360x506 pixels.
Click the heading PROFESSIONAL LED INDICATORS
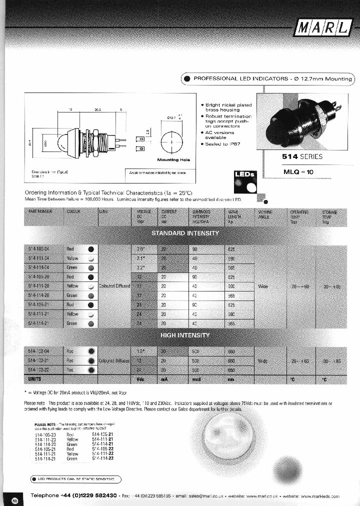coord(272,79)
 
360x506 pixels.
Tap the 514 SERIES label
coord(303,156)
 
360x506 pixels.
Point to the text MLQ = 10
coord(298,172)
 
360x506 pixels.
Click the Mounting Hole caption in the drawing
coord(173,159)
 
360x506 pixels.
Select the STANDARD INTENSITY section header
coord(185,233)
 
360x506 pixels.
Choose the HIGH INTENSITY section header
coord(185,335)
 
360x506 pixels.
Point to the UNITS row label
coord(34,379)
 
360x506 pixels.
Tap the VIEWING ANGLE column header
coord(263,214)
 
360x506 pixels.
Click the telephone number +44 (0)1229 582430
coord(88,495)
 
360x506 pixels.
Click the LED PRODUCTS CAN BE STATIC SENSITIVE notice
coord(75,479)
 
